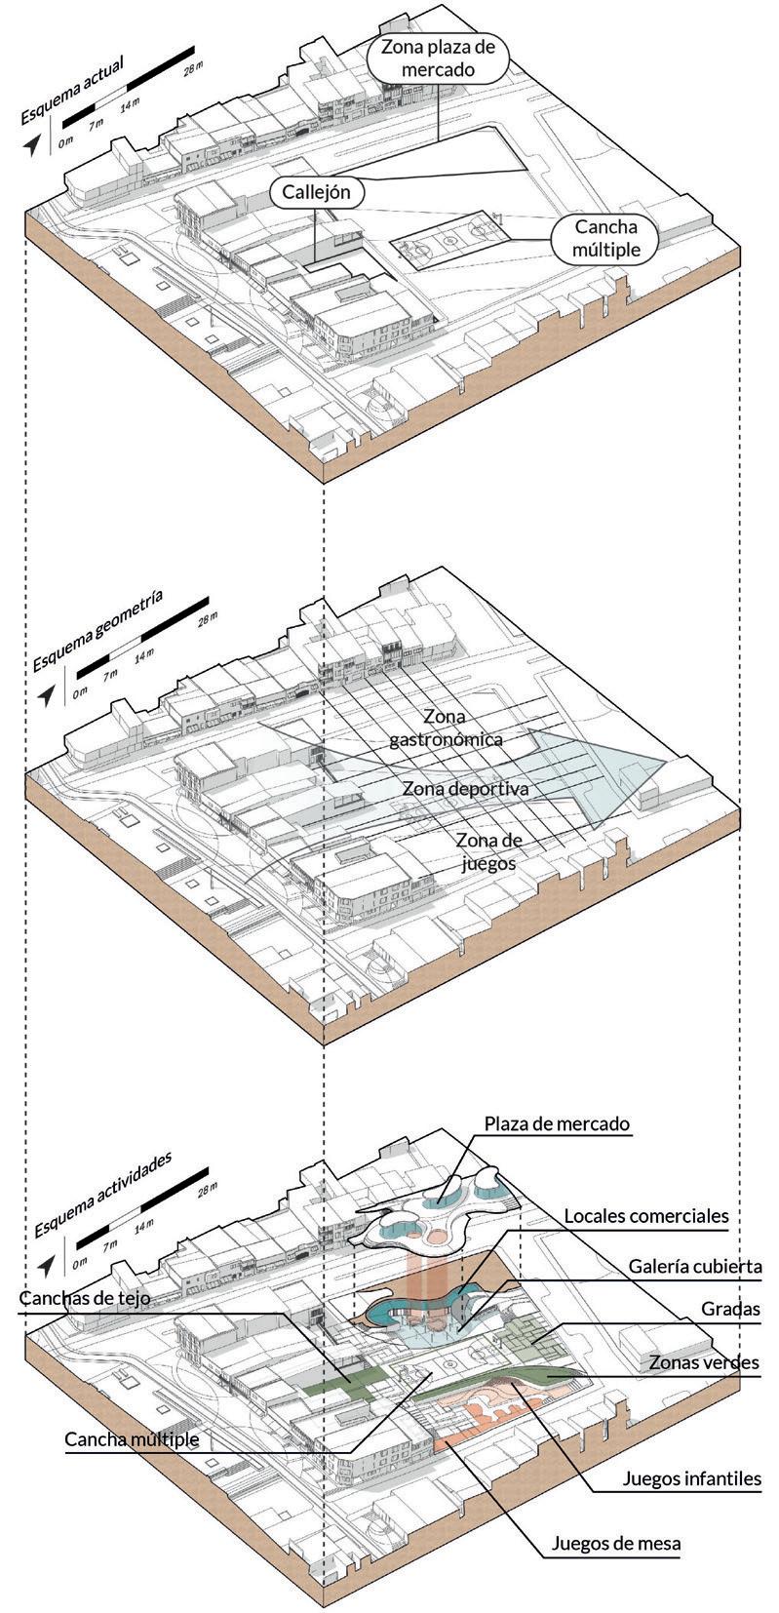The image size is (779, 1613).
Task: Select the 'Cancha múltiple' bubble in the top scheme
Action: [606, 238]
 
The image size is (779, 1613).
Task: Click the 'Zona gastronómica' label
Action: [447, 729]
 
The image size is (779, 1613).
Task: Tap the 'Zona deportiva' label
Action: [465, 788]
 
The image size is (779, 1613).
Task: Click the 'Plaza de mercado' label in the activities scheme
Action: [558, 1123]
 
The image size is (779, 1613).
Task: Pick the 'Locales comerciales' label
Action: [646, 1216]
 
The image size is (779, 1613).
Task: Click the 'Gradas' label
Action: [730, 1309]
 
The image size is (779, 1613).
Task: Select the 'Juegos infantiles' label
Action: [692, 1478]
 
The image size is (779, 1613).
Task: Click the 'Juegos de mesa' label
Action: [615, 1543]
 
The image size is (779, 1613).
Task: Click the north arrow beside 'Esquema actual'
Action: [34, 144]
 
